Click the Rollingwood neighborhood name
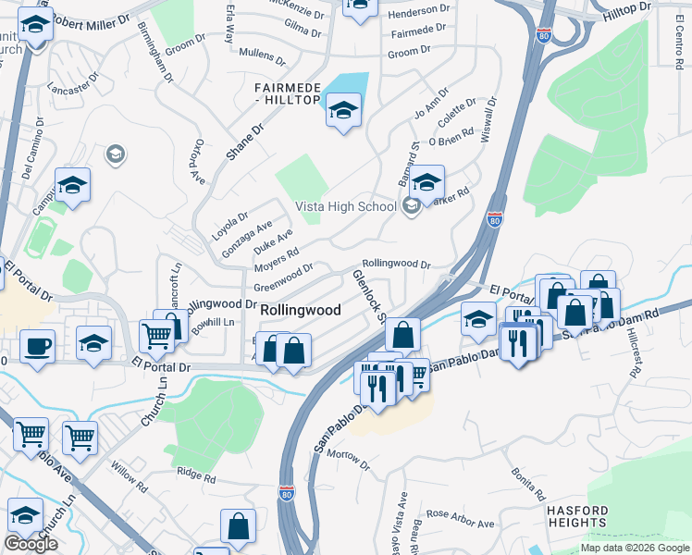point(301,310)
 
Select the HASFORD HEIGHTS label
point(577,516)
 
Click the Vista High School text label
point(345,206)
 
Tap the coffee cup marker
point(37,347)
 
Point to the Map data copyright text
point(635,548)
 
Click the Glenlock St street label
point(369,295)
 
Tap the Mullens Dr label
point(264,53)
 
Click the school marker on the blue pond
point(343,112)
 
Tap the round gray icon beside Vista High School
point(412,207)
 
